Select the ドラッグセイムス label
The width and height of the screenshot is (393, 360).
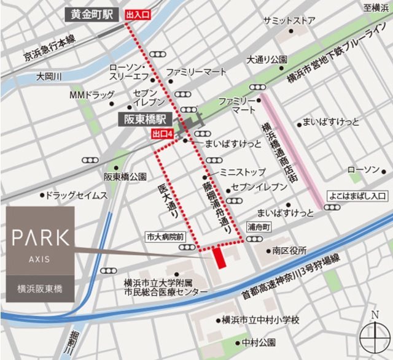[77, 196]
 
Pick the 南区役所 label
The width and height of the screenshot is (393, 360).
[290, 251]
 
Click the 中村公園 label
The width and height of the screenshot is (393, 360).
[262, 342]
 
